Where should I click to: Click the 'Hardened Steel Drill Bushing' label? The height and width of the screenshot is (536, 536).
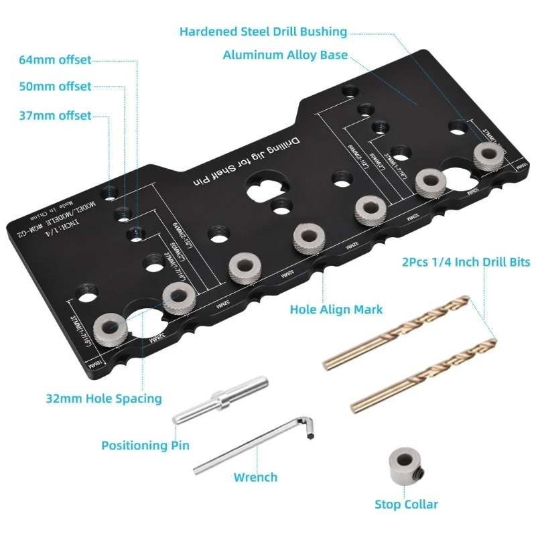(263, 31)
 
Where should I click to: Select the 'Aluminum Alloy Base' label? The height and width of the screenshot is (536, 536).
(285, 55)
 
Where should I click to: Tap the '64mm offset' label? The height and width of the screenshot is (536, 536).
(56, 60)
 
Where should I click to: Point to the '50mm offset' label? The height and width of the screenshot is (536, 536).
(56, 86)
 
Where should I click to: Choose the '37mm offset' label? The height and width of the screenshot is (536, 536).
(56, 115)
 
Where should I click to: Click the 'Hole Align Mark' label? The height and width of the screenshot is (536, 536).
(336, 309)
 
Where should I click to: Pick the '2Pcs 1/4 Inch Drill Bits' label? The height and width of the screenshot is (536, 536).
(465, 261)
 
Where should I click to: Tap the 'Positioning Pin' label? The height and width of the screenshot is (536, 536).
(145, 445)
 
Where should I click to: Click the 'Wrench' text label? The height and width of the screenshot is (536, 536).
(255, 477)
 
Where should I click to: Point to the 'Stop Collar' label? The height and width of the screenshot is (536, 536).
(406, 504)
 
